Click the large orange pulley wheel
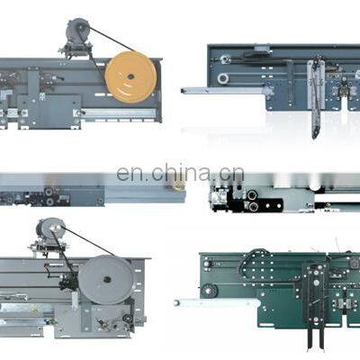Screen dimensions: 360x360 coord(130,77)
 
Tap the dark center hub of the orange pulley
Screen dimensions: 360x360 coord(130,76)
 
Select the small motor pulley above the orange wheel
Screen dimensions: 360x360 coord(77,30)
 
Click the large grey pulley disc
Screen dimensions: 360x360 coord(106,280)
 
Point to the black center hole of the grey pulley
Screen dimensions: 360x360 coord(107,280)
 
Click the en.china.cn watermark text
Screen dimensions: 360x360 coord(180,173)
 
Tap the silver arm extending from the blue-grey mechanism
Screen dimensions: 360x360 coord(224,90)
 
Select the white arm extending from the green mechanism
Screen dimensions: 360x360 coord(217,303)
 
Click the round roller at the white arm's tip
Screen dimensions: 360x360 coord(177,303)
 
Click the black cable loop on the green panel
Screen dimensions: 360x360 coord(254,264)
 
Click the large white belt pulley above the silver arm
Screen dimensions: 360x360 coord(223,78)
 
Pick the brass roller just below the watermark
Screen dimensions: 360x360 coord(177,186)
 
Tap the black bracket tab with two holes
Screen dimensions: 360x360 coord(272,206)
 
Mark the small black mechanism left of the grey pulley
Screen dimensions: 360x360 coord(68,281)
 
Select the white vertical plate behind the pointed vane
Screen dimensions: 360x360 coord(316,85)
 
